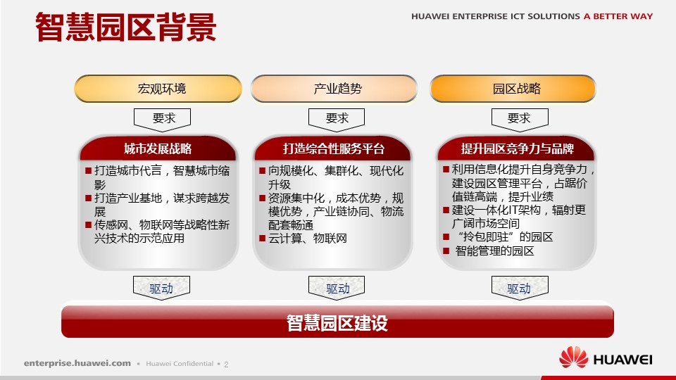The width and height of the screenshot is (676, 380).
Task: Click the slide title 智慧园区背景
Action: (125, 27)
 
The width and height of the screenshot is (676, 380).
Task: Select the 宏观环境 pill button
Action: (158, 89)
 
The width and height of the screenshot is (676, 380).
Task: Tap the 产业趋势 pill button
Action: (334, 89)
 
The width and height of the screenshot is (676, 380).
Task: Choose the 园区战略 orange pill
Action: (513, 89)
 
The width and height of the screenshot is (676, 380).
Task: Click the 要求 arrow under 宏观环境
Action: (162, 120)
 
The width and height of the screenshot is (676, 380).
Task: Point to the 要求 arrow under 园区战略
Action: (520, 120)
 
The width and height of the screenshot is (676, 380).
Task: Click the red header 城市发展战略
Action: (158, 148)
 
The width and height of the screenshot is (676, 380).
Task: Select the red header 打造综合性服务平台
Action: (333, 148)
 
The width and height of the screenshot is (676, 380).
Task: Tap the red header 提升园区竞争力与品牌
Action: (516, 148)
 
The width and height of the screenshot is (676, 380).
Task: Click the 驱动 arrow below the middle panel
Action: (337, 287)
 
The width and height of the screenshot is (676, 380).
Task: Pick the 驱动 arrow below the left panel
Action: (162, 287)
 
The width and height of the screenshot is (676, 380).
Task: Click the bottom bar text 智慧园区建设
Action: (337, 323)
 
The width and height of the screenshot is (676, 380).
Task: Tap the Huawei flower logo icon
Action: (573, 357)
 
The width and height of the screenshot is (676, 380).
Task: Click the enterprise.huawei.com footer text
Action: (77, 363)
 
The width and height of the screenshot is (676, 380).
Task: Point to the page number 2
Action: (226, 365)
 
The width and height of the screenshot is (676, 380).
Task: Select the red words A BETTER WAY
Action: (618, 16)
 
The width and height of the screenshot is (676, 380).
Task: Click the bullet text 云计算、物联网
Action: (308, 239)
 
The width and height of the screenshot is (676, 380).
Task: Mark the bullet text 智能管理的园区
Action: (494, 251)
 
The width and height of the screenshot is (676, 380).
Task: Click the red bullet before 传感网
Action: (89, 224)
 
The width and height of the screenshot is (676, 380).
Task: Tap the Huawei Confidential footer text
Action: (180, 364)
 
